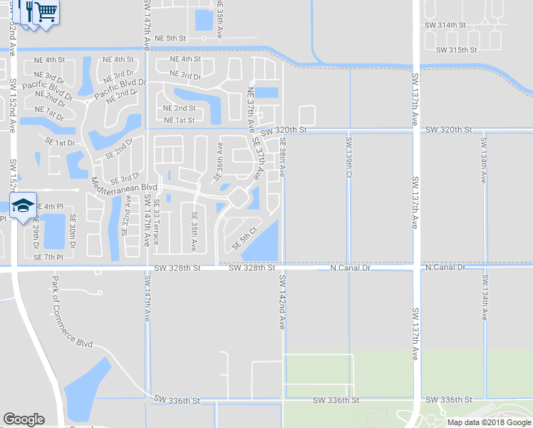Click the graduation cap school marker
click(x=23, y=205)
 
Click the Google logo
click(x=24, y=419)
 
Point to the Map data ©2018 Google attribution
click(x=489, y=422)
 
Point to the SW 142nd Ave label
click(x=281, y=302)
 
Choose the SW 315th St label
click(x=456, y=50)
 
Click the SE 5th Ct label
click(x=244, y=240)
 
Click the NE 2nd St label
click(x=179, y=108)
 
